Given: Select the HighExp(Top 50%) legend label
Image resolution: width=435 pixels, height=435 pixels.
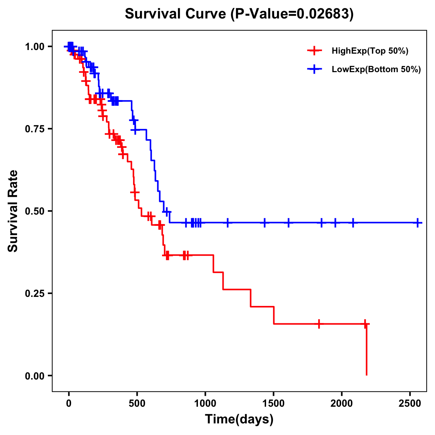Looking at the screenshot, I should click(x=370, y=51).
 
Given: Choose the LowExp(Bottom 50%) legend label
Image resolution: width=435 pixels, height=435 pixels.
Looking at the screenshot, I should click(x=376, y=70).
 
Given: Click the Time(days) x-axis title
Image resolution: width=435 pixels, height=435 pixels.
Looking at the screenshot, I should click(x=239, y=419).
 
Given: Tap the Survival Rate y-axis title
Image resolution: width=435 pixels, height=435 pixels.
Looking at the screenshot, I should click(x=13, y=211).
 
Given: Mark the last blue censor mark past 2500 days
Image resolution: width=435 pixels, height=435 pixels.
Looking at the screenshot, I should click(x=418, y=223).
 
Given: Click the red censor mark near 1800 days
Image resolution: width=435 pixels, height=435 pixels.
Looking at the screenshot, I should click(x=319, y=324).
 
